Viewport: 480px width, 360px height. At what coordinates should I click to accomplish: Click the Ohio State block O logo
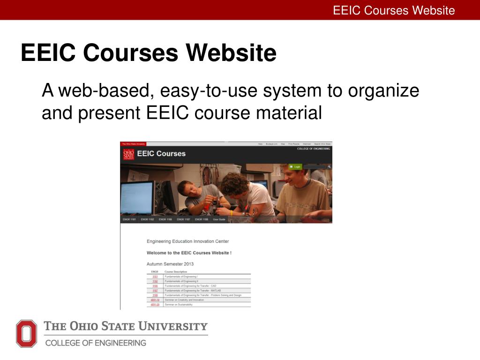point(26,333)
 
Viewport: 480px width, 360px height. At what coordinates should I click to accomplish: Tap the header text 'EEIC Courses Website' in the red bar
point(394,10)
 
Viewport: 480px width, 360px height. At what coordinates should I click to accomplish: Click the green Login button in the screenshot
point(296,166)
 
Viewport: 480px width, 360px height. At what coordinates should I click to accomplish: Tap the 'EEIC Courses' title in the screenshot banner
point(161,153)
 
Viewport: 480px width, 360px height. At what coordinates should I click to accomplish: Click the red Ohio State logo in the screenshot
point(128,154)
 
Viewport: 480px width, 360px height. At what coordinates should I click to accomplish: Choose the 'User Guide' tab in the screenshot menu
point(219,219)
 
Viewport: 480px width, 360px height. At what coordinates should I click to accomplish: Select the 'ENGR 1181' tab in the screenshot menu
point(129,219)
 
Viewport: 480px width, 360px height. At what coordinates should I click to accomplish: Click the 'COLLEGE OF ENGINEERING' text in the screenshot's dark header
point(313,149)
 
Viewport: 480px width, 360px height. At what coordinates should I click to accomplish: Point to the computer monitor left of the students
point(137,197)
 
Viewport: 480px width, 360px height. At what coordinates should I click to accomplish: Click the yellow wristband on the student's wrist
point(232,213)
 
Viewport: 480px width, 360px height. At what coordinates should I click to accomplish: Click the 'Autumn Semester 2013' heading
point(170,264)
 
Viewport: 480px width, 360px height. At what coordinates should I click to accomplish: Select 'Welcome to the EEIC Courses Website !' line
point(189,253)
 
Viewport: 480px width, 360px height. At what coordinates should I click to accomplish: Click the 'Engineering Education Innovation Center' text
point(187,241)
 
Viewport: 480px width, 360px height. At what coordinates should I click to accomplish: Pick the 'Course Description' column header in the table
point(176,272)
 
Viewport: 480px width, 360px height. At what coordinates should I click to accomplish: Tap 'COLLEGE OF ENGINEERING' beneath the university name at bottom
point(96,343)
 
